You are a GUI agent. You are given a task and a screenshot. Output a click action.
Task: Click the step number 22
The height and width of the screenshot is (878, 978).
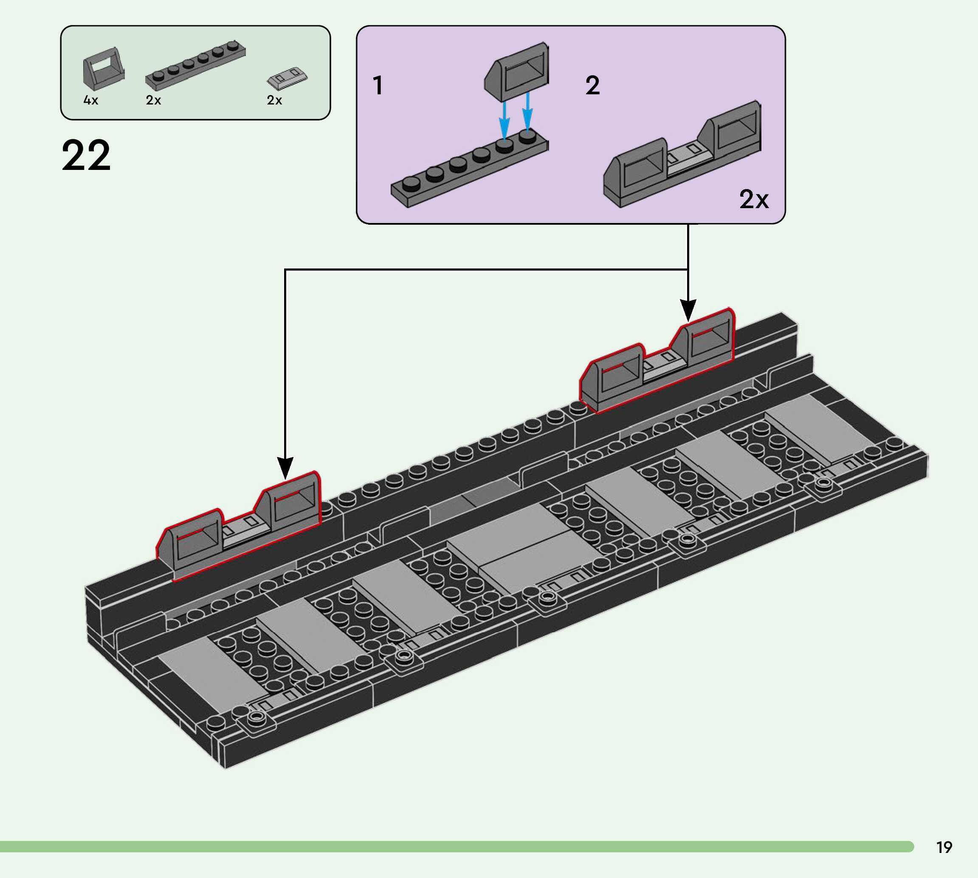click(x=86, y=155)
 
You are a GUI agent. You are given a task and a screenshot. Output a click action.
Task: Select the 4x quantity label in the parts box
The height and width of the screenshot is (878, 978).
click(x=90, y=100)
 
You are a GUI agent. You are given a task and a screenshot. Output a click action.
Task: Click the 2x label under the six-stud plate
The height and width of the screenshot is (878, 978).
click(x=153, y=100)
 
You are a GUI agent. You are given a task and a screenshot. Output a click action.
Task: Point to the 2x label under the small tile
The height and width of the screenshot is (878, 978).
click(x=274, y=100)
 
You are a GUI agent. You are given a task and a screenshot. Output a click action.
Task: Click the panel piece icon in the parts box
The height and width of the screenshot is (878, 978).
click(x=103, y=69)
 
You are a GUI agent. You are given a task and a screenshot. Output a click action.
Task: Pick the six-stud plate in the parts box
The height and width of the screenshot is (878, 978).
click(x=195, y=65)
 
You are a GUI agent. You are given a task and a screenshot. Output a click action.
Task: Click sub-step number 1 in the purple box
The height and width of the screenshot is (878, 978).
click(x=378, y=85)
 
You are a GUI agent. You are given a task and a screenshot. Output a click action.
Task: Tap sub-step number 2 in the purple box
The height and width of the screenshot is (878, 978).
click(x=593, y=85)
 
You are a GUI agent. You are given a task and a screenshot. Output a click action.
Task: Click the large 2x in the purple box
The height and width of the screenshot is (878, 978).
click(x=754, y=199)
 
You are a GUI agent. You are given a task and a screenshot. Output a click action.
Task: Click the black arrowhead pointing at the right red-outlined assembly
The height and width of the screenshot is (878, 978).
click(x=688, y=309)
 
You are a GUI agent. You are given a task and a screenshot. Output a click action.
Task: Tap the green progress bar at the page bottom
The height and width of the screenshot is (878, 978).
click(x=453, y=847)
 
